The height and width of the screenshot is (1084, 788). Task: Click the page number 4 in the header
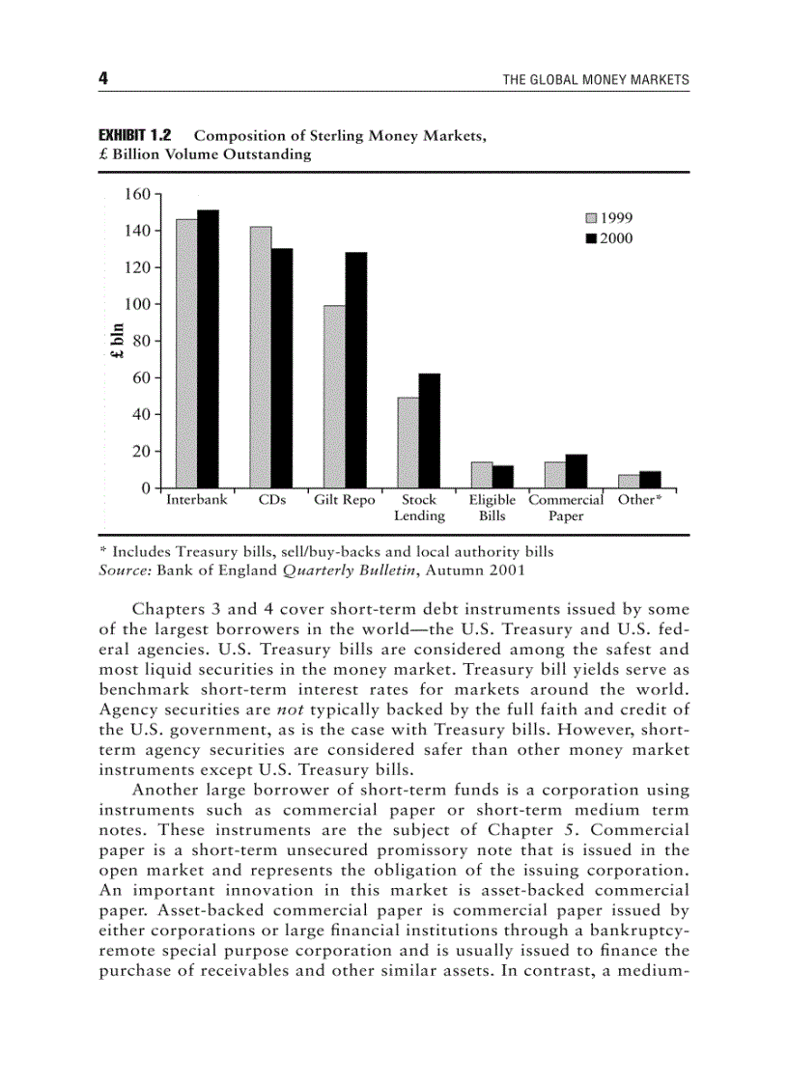tap(103, 79)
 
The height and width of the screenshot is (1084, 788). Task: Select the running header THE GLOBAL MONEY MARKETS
tap(596, 80)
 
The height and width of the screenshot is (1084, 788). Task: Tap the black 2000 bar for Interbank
tap(208, 348)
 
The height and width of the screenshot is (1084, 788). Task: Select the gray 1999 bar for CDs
tap(261, 357)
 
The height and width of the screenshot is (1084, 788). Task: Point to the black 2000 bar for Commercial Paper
tap(577, 471)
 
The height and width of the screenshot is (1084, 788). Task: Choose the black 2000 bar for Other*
tap(650, 479)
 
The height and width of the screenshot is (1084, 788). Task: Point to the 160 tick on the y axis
tap(138, 194)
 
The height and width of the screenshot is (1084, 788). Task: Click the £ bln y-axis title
tap(117, 341)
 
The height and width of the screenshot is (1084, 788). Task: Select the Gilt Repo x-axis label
tap(345, 500)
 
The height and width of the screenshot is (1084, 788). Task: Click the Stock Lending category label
tap(419, 508)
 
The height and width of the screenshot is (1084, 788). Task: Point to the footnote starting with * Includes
tap(326, 552)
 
